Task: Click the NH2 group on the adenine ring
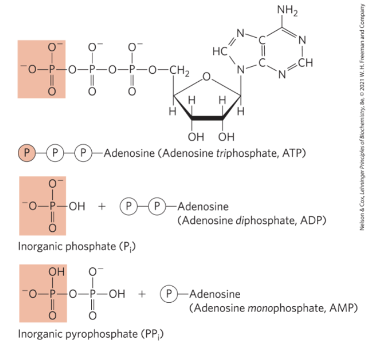point(287,10)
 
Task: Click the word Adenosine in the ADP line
point(202,207)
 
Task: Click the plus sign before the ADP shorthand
point(102,207)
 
